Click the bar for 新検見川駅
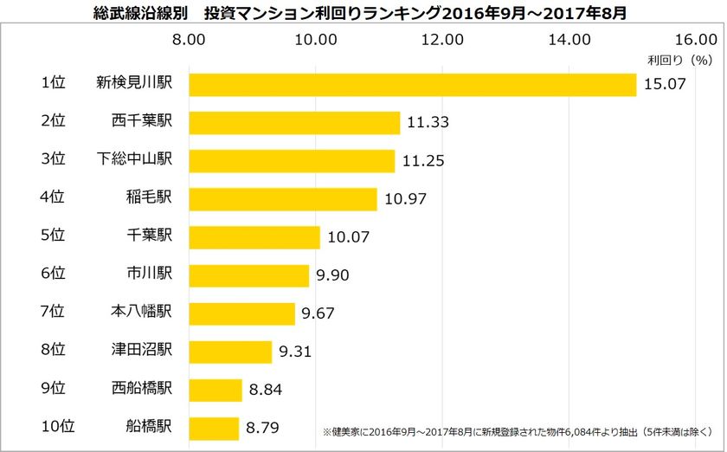[x=412, y=84]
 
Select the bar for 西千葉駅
[x=294, y=122]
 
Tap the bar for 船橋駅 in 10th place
[x=214, y=428]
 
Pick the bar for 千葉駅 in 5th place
[x=254, y=237]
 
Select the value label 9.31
[x=299, y=352]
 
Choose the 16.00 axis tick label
[x=694, y=39]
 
